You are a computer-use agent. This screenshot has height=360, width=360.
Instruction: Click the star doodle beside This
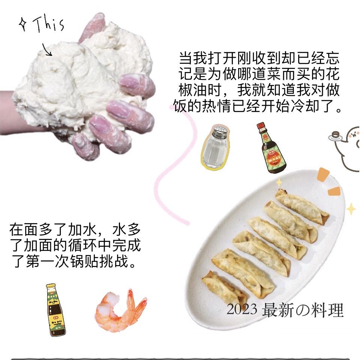pyautogui.click(x=23, y=24)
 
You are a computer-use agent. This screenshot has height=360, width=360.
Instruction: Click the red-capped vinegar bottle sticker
pyautogui.click(x=271, y=148)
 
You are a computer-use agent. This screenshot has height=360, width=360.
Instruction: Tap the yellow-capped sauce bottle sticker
pyautogui.click(x=55, y=310)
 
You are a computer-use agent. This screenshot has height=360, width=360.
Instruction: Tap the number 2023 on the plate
pyautogui.click(x=242, y=309)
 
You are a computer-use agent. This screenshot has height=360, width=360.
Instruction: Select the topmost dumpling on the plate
pyautogui.click(x=302, y=206)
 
